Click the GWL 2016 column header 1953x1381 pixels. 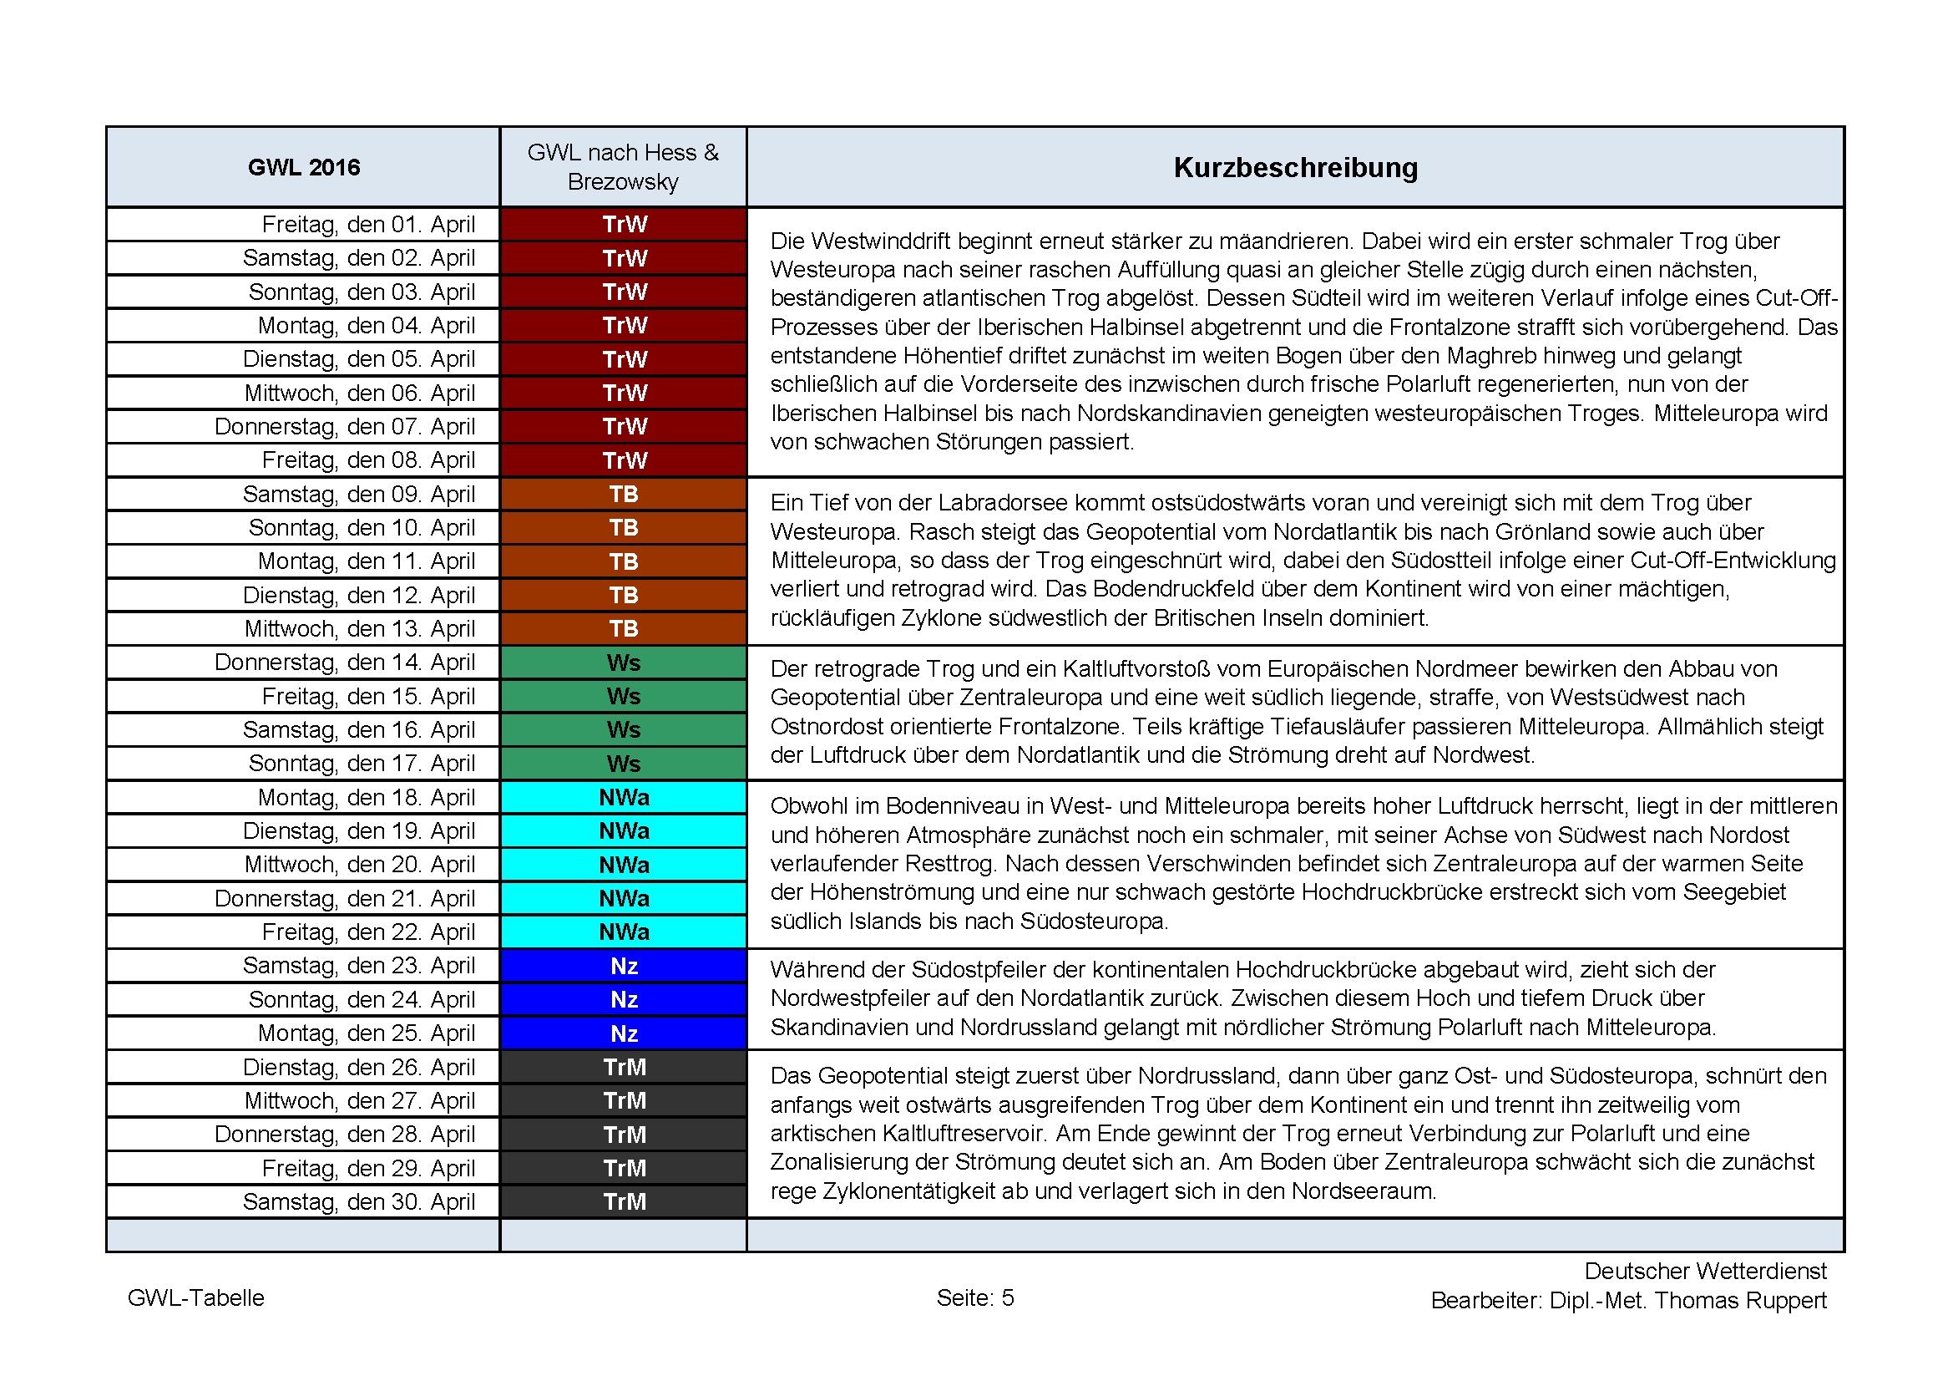(304, 167)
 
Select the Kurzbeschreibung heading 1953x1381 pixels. (1295, 167)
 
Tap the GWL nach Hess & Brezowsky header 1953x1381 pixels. (623, 167)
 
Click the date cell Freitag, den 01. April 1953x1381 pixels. (367, 225)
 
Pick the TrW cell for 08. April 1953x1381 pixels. (624, 460)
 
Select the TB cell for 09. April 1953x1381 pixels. (624, 495)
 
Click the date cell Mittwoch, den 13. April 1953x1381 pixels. (359, 629)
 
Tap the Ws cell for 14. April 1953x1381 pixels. (624, 663)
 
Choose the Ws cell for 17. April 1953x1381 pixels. (624, 764)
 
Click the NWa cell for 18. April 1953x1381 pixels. (624, 797)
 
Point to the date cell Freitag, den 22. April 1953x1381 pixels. (367, 932)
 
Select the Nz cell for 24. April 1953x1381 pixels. (624, 1000)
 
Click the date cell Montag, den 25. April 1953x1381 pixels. (366, 1033)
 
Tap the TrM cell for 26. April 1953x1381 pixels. (624, 1067)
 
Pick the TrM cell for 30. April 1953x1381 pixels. (624, 1201)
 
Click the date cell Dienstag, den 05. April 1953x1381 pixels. (358, 359)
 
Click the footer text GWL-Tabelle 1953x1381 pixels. (195, 1297)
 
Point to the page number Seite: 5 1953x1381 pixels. (974, 1297)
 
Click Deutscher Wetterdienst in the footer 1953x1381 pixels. (1705, 1271)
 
